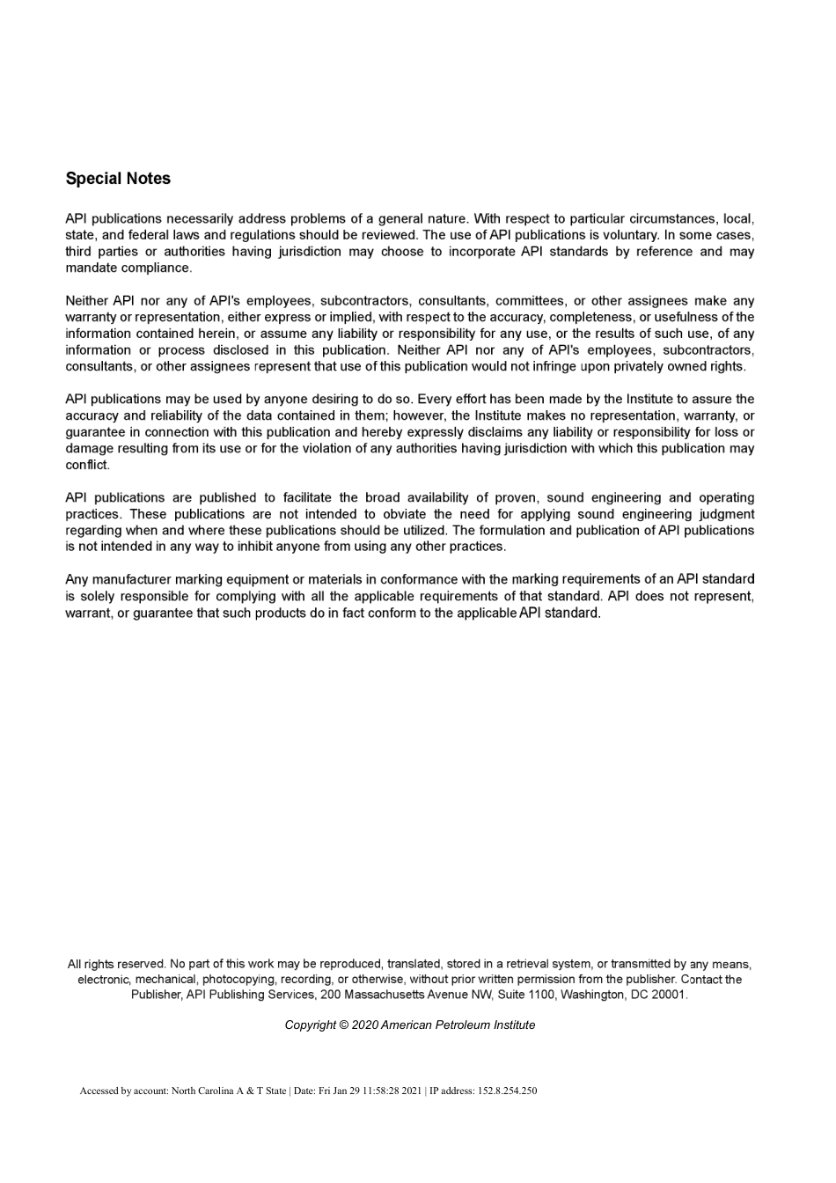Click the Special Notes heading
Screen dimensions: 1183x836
coord(118,179)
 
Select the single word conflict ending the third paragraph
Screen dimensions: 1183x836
coord(86,465)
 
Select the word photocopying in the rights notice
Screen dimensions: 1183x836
coord(238,980)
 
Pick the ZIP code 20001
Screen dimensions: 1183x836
coord(668,995)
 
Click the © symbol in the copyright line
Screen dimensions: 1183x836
coord(342,1025)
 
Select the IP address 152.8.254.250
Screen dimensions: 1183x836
coord(507,1091)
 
